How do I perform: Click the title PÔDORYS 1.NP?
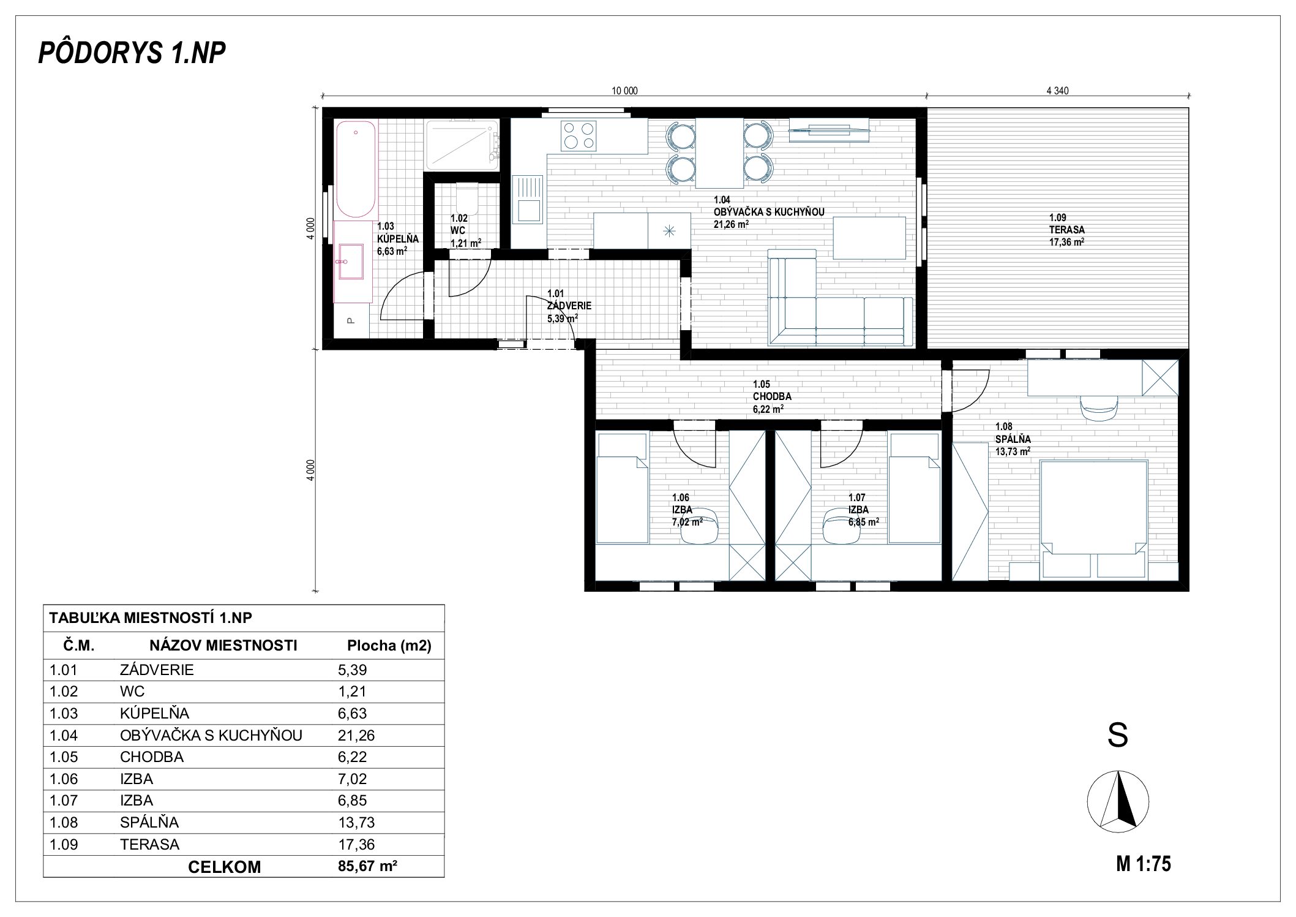tap(132, 53)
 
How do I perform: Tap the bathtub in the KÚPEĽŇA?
tap(355, 169)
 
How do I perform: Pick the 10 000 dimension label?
tap(624, 91)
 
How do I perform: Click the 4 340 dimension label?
tap(1057, 91)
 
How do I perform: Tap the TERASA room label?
tap(1066, 230)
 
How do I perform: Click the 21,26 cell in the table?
tap(356, 735)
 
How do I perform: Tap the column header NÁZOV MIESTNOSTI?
tap(223, 646)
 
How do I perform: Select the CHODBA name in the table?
tap(152, 757)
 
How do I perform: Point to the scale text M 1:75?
tap(1144, 864)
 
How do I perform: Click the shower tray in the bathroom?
tap(462, 145)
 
